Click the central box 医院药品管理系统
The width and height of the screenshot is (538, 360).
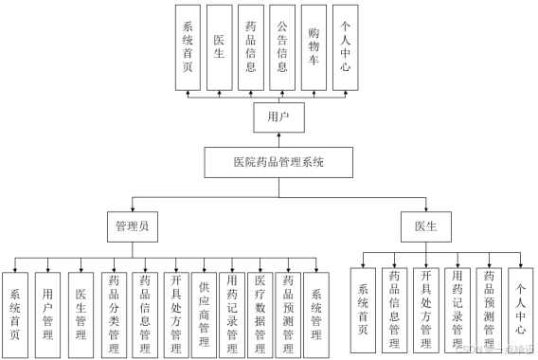[x=278, y=163]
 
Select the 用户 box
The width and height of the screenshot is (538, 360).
[x=278, y=117]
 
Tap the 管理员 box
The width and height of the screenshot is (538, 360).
[x=131, y=226]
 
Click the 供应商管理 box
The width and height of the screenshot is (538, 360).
[x=203, y=309]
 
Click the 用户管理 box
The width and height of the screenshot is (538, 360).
[x=48, y=309]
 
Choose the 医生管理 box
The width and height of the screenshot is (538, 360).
[x=81, y=309]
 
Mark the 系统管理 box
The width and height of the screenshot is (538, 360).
[x=317, y=309]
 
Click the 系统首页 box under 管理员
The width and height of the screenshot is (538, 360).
[x=15, y=309]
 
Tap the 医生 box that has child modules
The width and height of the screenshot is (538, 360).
[x=425, y=226]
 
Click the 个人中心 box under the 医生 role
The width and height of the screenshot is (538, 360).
[x=520, y=309]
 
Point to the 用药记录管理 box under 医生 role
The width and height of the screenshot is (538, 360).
[x=457, y=309]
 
